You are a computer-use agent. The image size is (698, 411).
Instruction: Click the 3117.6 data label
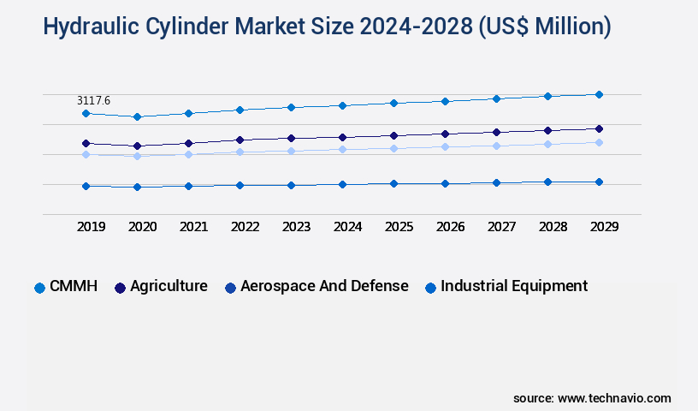(x=93, y=101)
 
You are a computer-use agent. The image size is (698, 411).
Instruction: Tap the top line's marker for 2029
(x=599, y=94)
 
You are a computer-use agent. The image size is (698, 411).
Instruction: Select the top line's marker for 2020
(x=137, y=116)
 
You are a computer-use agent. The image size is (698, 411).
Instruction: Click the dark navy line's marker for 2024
(x=342, y=137)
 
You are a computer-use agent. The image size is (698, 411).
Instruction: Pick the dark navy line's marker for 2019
(x=86, y=143)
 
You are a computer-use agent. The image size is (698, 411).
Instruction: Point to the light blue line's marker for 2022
(x=240, y=152)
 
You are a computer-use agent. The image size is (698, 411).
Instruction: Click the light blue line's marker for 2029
(x=599, y=142)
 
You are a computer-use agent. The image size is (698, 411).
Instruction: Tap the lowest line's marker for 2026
(x=445, y=183)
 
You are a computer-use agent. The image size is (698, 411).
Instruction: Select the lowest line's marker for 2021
(x=188, y=186)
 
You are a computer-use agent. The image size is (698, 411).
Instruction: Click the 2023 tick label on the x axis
(x=296, y=227)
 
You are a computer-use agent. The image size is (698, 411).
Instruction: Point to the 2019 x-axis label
(x=91, y=227)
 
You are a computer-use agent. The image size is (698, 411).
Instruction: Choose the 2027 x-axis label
(x=501, y=227)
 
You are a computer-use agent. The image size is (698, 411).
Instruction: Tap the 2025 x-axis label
(x=399, y=227)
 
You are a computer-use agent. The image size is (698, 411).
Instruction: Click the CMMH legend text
(x=73, y=286)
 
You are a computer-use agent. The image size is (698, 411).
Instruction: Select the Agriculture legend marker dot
(x=121, y=288)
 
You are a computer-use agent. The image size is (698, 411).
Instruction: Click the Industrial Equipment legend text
(x=514, y=286)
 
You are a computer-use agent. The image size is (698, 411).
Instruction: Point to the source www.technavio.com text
(x=592, y=398)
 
